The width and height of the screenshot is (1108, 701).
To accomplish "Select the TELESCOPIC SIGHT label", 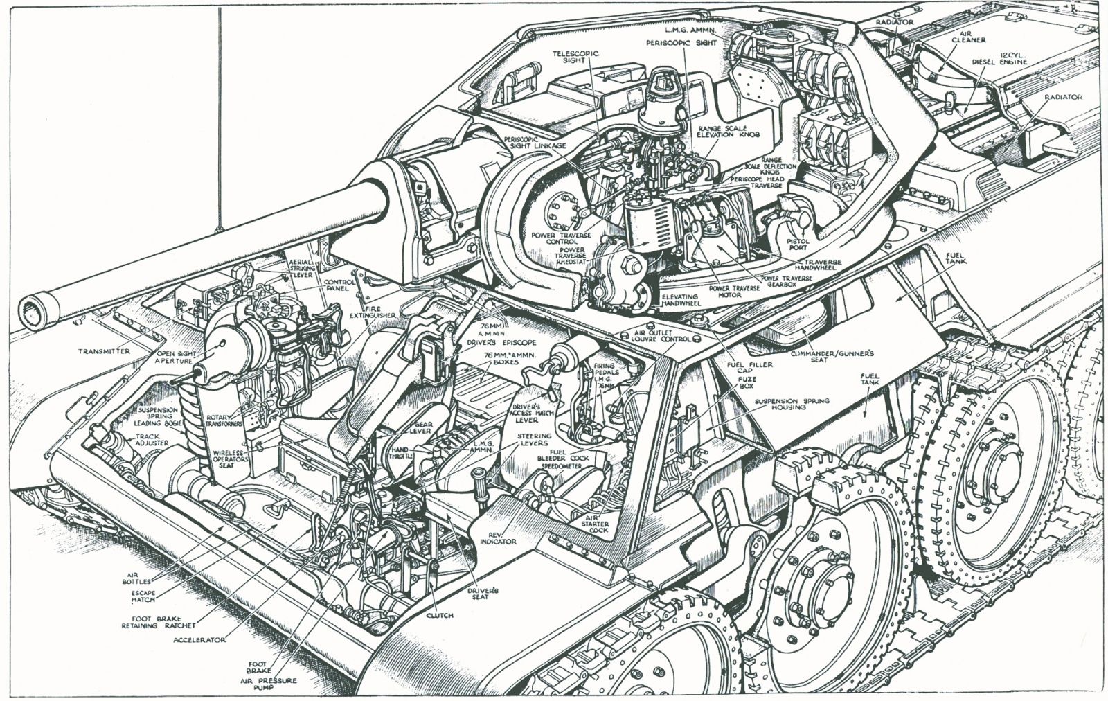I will click(575, 57).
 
